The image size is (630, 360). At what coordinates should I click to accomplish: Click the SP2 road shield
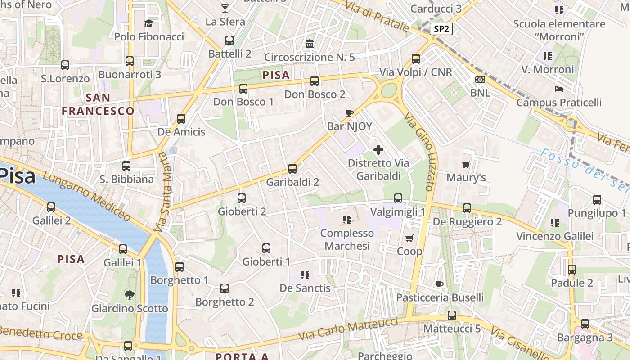pos(441,29)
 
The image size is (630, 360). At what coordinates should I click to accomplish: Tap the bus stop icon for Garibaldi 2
pos(292,169)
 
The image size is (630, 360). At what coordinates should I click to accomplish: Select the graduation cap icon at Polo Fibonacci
pos(148,23)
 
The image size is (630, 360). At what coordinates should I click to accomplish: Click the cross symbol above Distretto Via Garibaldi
pos(378,150)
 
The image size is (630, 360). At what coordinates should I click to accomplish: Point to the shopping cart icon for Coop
pos(409,238)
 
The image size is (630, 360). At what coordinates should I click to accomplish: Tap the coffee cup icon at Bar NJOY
pos(349,113)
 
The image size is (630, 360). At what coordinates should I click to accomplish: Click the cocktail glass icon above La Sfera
pos(225,8)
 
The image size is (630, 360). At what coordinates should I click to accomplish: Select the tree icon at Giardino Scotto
pos(130,295)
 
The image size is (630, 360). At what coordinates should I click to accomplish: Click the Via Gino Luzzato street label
pos(419,152)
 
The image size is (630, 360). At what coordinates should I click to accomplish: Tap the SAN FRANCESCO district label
pos(98,104)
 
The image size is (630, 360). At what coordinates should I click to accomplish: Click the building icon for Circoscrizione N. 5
pos(310,44)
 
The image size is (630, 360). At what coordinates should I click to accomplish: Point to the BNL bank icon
pos(480,80)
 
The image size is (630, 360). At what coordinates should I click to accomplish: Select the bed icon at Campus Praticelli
pos(559,89)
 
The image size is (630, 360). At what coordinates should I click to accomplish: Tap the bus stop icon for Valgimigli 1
pos(398,198)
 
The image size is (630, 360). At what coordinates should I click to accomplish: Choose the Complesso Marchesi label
pos(347,239)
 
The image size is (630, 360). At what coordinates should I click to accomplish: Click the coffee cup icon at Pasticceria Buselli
pos(440,284)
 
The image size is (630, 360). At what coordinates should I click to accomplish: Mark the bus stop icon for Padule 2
pos(571,270)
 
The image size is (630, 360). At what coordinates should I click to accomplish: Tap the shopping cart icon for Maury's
pos(466,164)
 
